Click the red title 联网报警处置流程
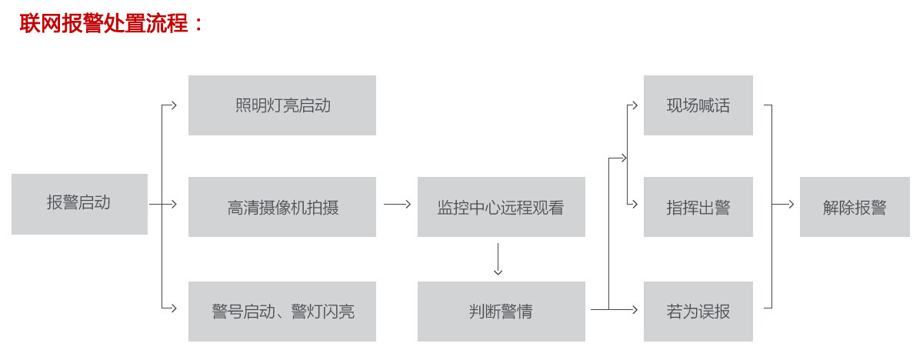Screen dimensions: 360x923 click(112, 23)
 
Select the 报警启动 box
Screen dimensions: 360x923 click(79, 204)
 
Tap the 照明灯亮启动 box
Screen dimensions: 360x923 click(282, 105)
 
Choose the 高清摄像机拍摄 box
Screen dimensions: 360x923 click(282, 207)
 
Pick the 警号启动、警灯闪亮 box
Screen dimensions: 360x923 click(282, 312)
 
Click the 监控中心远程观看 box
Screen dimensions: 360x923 click(501, 207)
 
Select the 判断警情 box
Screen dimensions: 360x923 click(501, 312)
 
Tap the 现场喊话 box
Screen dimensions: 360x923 click(698, 105)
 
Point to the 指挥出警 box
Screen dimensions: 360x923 click(698, 207)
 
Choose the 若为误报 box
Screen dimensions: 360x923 click(698, 312)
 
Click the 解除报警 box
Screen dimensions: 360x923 click(855, 207)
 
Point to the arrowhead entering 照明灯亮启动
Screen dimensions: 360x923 click(175, 105)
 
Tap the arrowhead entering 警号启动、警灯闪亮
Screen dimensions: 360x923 click(175, 309)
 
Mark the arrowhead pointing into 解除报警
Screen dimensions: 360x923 click(790, 205)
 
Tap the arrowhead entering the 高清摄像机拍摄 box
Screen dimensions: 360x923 click(175, 205)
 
